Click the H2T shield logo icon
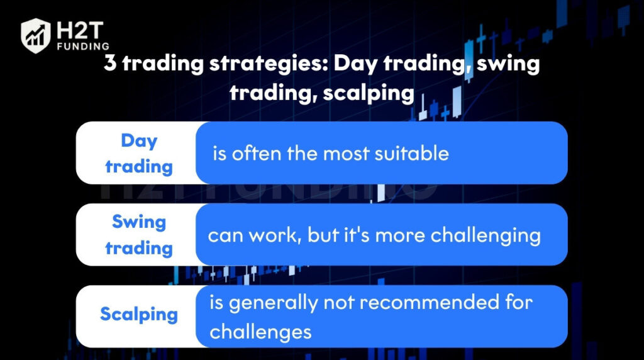point(36,36)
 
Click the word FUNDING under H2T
point(84,47)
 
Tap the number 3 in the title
point(109,64)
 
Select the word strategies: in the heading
point(269,65)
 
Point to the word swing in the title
point(508,65)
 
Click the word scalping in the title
point(368,94)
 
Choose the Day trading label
point(139,154)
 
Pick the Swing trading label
point(139,235)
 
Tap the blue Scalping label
point(139,315)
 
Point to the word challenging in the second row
point(486,236)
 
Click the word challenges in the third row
point(260,332)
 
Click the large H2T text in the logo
point(80,30)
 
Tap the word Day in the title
point(355,65)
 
